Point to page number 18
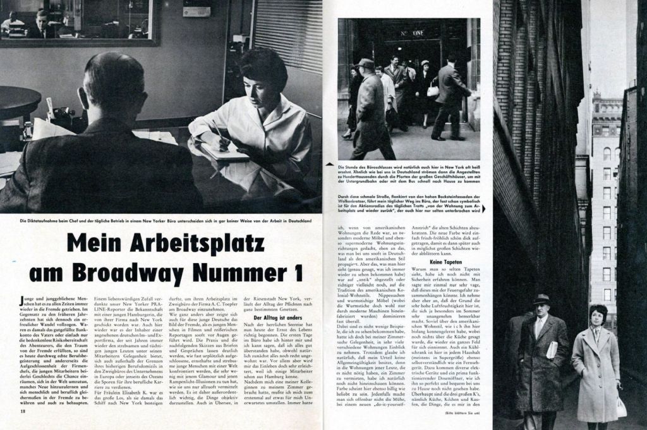click(x=22, y=412)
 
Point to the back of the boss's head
click(x=111, y=85)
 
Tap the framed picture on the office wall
click(x=79, y=22)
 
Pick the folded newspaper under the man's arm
click(x=552, y=350)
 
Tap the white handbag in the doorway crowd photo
click(x=433, y=90)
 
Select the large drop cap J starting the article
click(x=23, y=298)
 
